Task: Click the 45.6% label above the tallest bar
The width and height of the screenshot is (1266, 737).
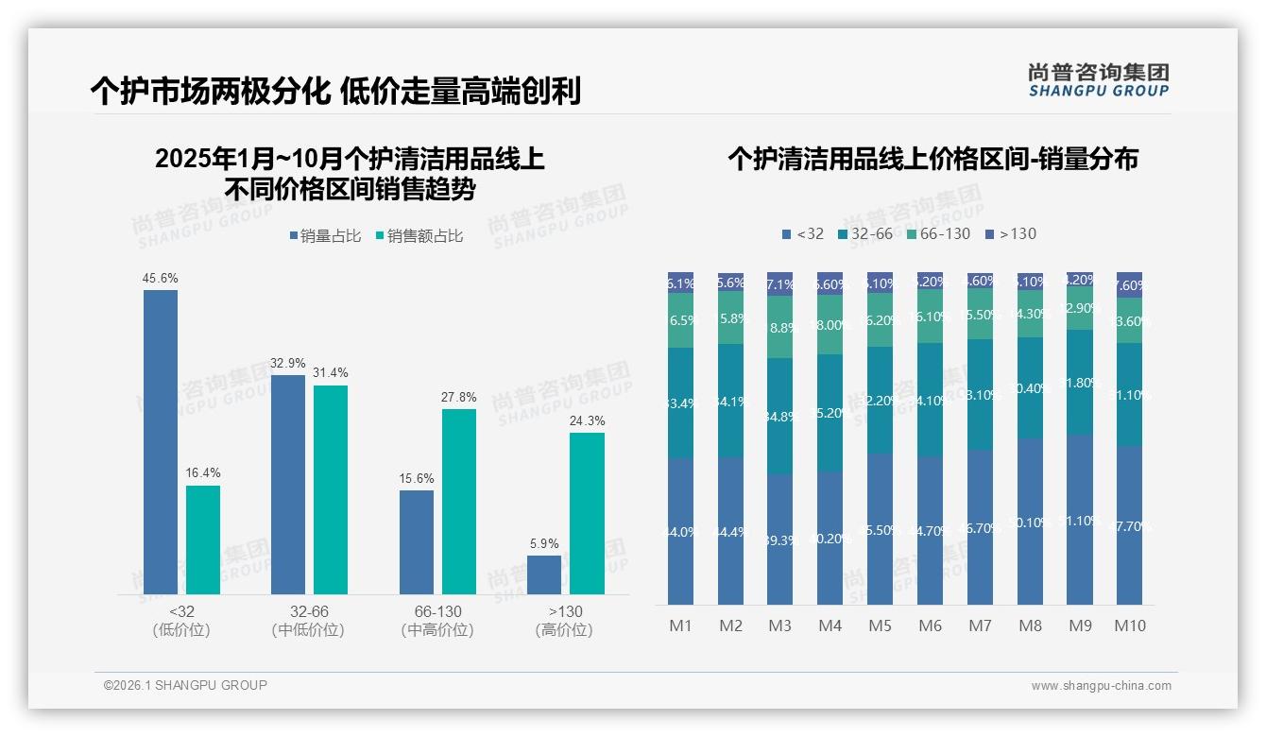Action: [160, 279]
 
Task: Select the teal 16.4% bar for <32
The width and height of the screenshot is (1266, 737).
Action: [203, 540]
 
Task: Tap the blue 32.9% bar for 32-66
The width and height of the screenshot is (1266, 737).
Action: [288, 485]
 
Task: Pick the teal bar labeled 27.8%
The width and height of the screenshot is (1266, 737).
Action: [459, 501]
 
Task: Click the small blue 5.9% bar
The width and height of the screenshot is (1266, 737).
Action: [544, 575]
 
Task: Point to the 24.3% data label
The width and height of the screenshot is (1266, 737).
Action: [588, 421]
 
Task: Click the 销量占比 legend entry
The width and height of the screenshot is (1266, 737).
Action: [326, 236]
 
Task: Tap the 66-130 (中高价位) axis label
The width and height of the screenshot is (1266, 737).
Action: [437, 621]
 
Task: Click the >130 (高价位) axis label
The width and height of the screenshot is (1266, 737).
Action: [564, 621]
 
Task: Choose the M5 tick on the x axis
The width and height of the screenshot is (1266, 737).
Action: [880, 626]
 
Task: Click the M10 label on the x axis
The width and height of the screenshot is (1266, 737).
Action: [1129, 626]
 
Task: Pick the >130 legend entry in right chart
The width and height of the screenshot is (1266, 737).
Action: [1011, 233]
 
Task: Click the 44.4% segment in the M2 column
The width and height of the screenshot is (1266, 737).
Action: [730, 531]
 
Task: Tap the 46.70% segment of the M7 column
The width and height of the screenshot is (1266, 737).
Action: [980, 527]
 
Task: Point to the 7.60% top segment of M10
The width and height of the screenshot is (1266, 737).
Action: [1129, 285]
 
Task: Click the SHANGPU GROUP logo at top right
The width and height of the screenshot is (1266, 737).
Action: [1098, 80]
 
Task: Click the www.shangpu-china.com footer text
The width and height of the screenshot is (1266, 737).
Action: [1101, 686]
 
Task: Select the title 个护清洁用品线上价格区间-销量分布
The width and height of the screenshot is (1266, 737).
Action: [932, 159]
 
